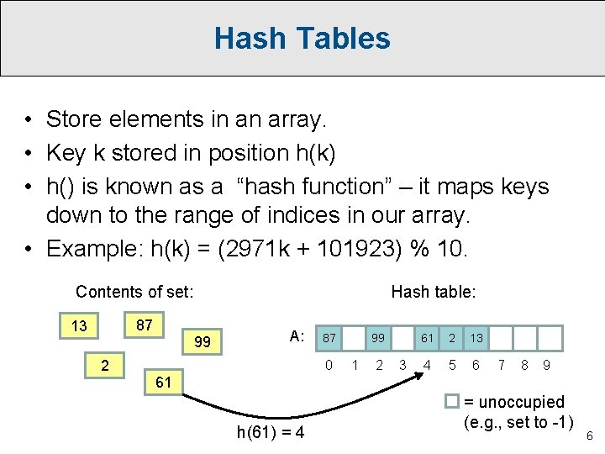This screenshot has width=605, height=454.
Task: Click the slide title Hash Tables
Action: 302,39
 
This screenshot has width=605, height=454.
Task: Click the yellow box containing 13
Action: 79,326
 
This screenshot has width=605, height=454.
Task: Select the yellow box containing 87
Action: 144,325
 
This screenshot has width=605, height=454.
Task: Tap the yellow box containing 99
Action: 203,342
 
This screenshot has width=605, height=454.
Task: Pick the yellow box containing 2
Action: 104,366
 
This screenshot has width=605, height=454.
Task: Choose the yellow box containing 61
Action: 164,383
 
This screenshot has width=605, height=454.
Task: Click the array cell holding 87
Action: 330,338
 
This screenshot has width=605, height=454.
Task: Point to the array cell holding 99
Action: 379,338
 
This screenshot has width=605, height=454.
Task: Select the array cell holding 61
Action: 428,338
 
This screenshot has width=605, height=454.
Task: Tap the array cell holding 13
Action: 476,338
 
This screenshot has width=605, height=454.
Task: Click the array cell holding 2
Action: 452,338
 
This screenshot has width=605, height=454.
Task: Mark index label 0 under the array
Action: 330,365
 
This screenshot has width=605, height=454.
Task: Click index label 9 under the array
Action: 547,365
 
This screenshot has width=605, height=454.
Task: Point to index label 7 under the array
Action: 502,365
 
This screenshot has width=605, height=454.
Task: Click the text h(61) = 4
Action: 271,433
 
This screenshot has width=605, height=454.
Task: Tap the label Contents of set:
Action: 134,292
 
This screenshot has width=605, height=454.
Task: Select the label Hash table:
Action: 434,292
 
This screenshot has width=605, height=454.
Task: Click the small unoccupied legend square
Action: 451,402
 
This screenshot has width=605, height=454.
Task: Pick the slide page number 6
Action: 589,436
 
